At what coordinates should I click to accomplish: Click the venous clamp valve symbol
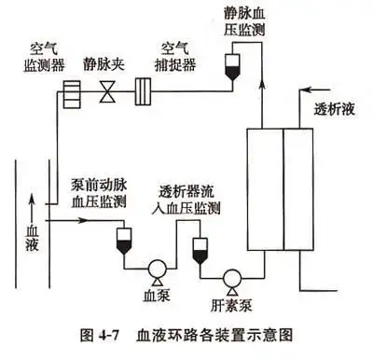(x=108, y=93)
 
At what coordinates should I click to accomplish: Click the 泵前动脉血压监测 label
(x=98, y=190)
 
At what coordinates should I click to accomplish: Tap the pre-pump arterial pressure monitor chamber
(x=121, y=242)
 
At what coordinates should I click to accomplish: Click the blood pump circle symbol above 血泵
(x=156, y=270)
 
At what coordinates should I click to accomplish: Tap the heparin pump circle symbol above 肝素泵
(x=229, y=277)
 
